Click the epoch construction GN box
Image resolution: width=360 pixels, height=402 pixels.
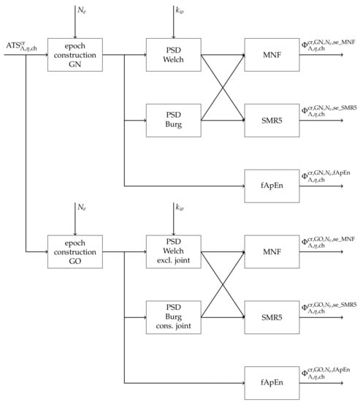tap(75, 53)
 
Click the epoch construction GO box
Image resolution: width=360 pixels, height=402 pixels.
tap(75, 252)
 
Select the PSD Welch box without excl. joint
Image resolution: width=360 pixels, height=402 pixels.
tap(173, 53)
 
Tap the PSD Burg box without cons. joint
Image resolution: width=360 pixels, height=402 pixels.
tap(173, 120)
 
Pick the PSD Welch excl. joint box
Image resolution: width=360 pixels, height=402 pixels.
tap(173, 252)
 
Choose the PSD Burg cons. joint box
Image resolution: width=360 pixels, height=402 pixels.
tap(173, 318)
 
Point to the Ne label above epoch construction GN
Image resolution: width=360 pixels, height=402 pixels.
tap(81, 10)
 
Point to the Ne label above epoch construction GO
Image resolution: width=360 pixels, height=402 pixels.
tap(81, 209)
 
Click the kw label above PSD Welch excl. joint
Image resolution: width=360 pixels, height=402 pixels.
tap(179, 209)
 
